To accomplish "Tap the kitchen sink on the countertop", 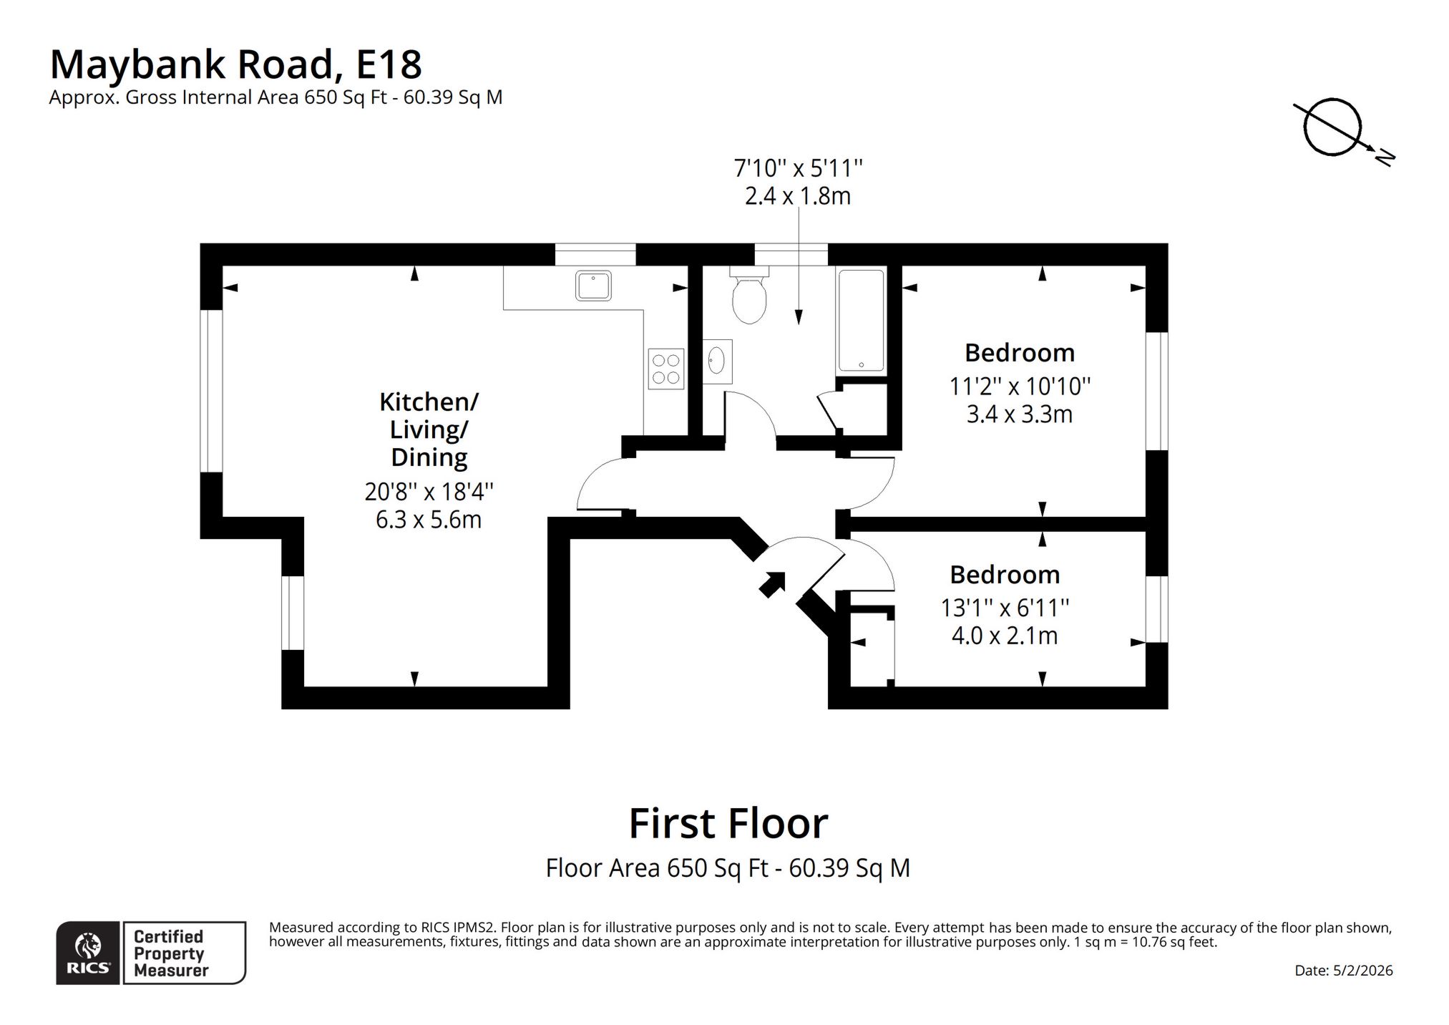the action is [593, 286].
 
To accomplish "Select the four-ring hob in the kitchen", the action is [665, 369].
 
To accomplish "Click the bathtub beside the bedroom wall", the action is [861, 320].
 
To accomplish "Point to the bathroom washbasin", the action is [717, 361].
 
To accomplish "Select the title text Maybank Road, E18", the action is [235, 64].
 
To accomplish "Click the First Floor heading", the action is [728, 823].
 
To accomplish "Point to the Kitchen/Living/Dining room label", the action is [429, 429].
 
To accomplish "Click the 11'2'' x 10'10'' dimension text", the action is [1020, 387].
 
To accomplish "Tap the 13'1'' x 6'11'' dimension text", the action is [1005, 608].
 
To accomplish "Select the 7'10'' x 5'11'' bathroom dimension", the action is [799, 169].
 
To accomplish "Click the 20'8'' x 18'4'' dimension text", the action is [429, 492].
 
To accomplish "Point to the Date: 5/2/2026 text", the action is [1344, 971].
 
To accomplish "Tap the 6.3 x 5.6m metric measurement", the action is [429, 520].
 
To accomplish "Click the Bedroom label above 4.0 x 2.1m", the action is [1005, 575].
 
